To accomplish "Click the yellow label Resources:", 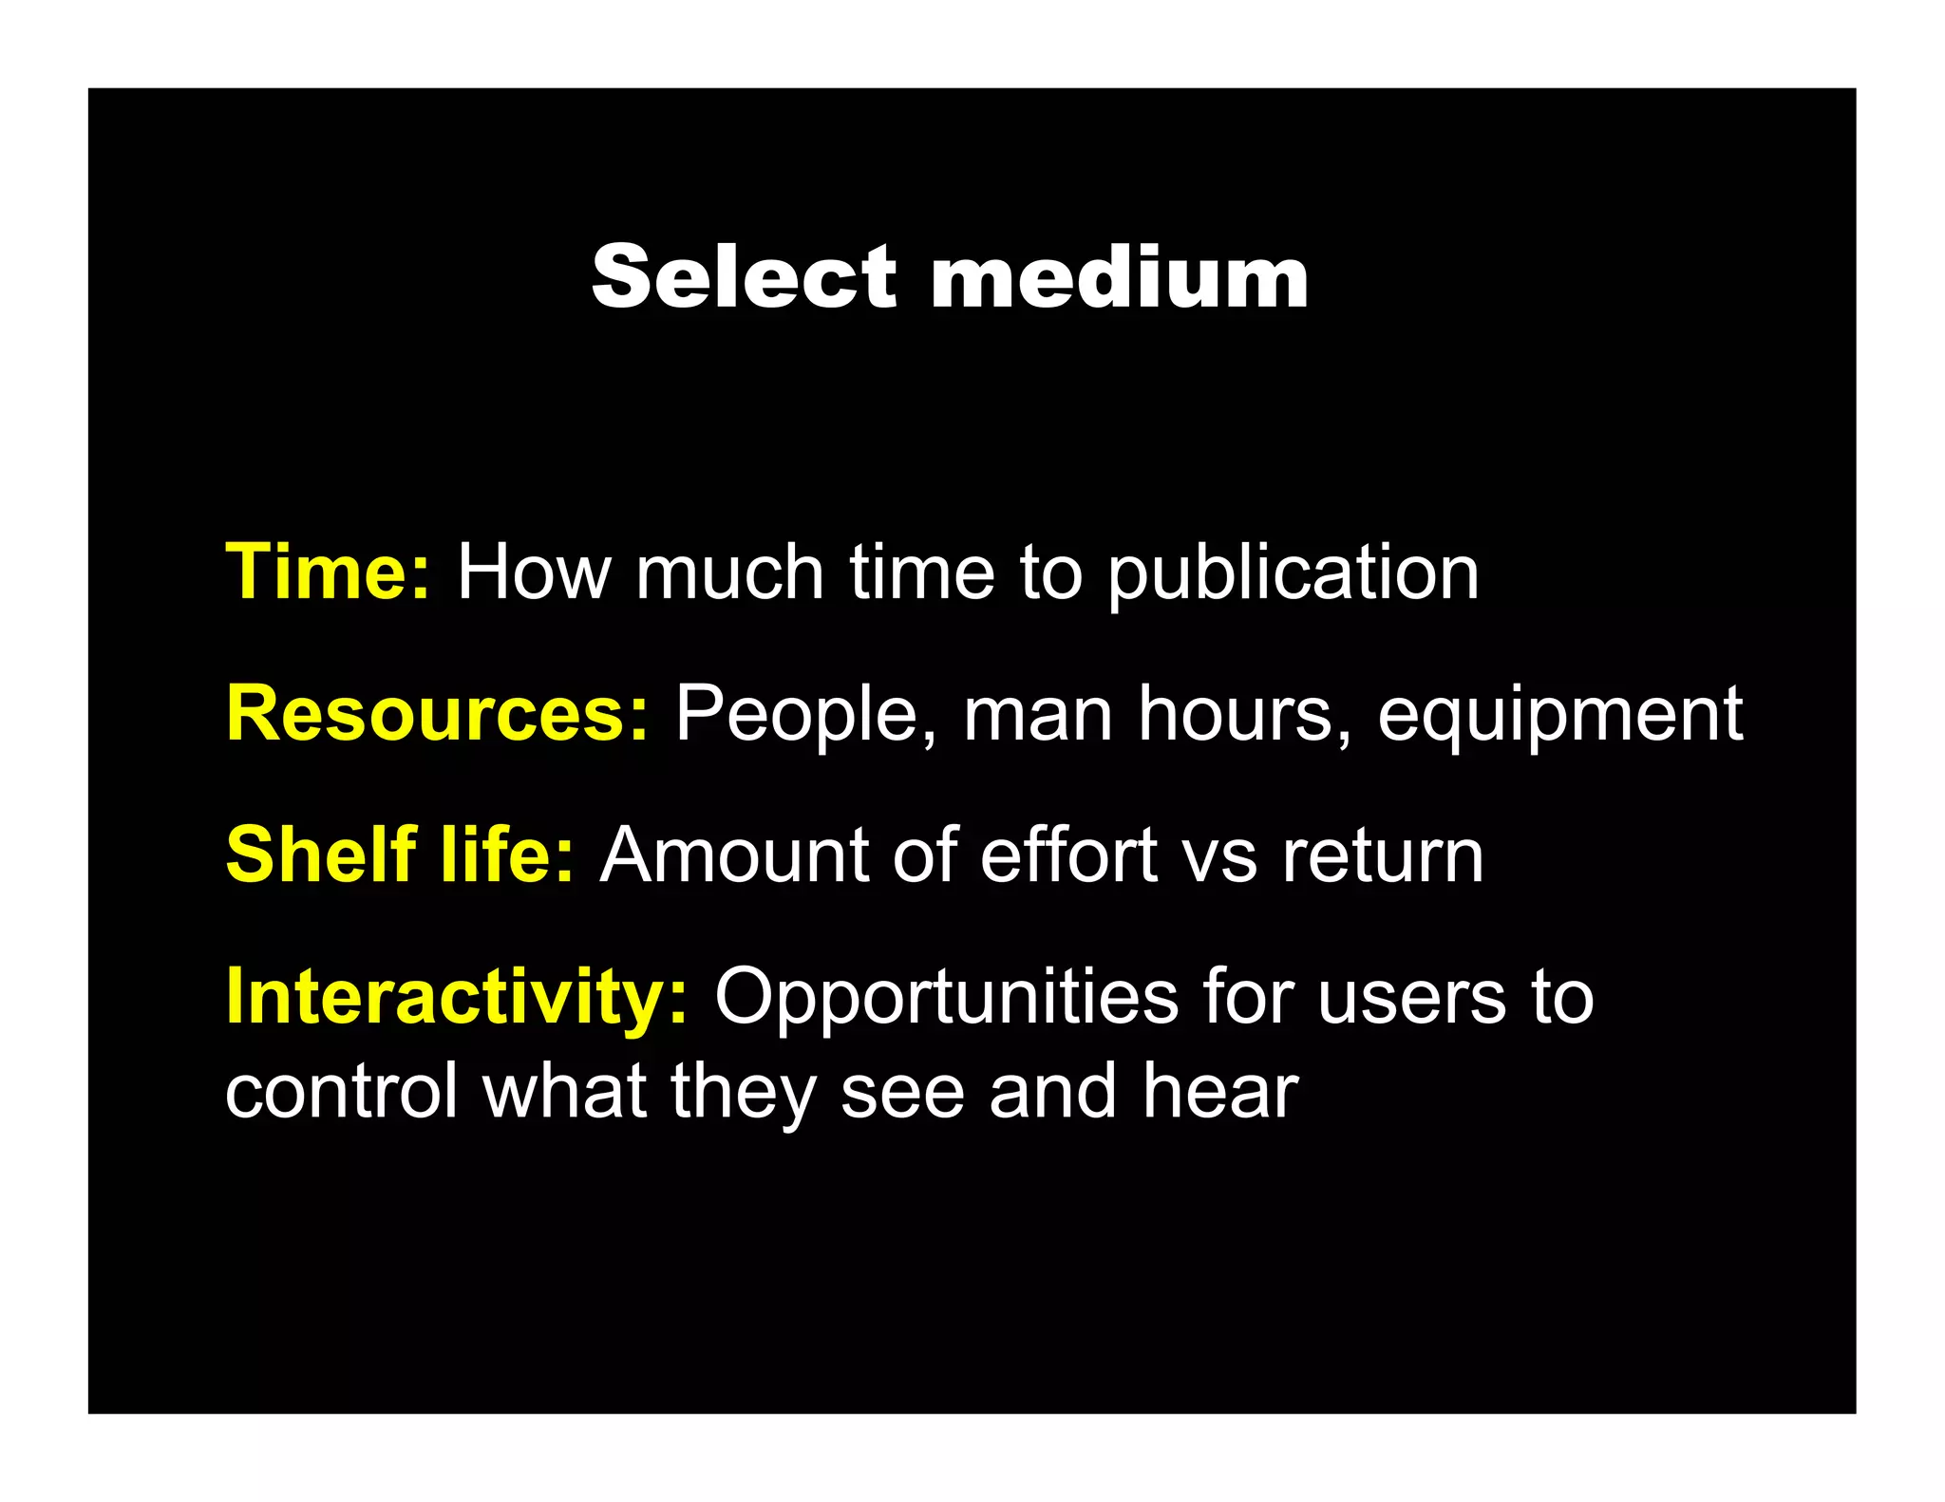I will (x=438, y=714).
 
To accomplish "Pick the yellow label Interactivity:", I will (x=457, y=996).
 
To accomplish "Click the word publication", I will (x=1294, y=574).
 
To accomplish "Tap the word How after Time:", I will (x=535, y=573).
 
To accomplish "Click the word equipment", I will (x=1560, y=716).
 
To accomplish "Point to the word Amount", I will (x=735, y=855).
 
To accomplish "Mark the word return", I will (x=1383, y=855).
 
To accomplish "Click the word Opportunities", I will (x=946, y=998).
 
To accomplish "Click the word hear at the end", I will (x=1220, y=1091).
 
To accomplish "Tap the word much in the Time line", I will (x=729, y=573).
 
